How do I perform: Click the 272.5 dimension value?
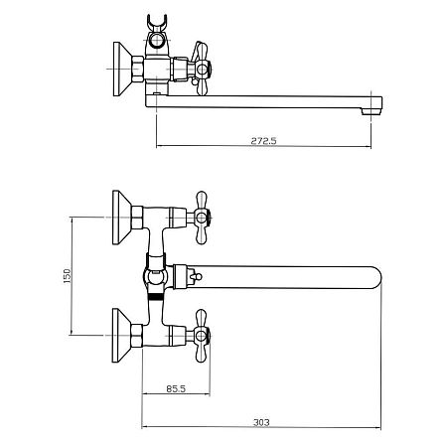point(263,141)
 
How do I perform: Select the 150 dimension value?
point(67,276)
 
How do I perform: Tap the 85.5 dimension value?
point(176,388)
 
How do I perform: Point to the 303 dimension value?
point(261,422)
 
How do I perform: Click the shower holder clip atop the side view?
point(157,22)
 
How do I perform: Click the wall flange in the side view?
point(122,69)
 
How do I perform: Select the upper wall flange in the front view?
point(121,218)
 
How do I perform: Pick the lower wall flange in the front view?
point(121,336)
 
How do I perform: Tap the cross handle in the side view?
point(201,69)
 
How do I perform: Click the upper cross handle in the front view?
point(202,218)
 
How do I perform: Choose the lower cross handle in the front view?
point(201,336)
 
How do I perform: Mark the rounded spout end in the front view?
point(375,277)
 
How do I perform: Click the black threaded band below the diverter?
point(156,296)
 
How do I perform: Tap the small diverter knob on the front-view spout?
point(194,275)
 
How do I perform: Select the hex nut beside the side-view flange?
point(137,69)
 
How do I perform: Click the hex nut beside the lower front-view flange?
point(137,336)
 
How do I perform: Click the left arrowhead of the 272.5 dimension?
point(159,145)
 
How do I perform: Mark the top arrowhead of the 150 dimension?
point(71,220)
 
